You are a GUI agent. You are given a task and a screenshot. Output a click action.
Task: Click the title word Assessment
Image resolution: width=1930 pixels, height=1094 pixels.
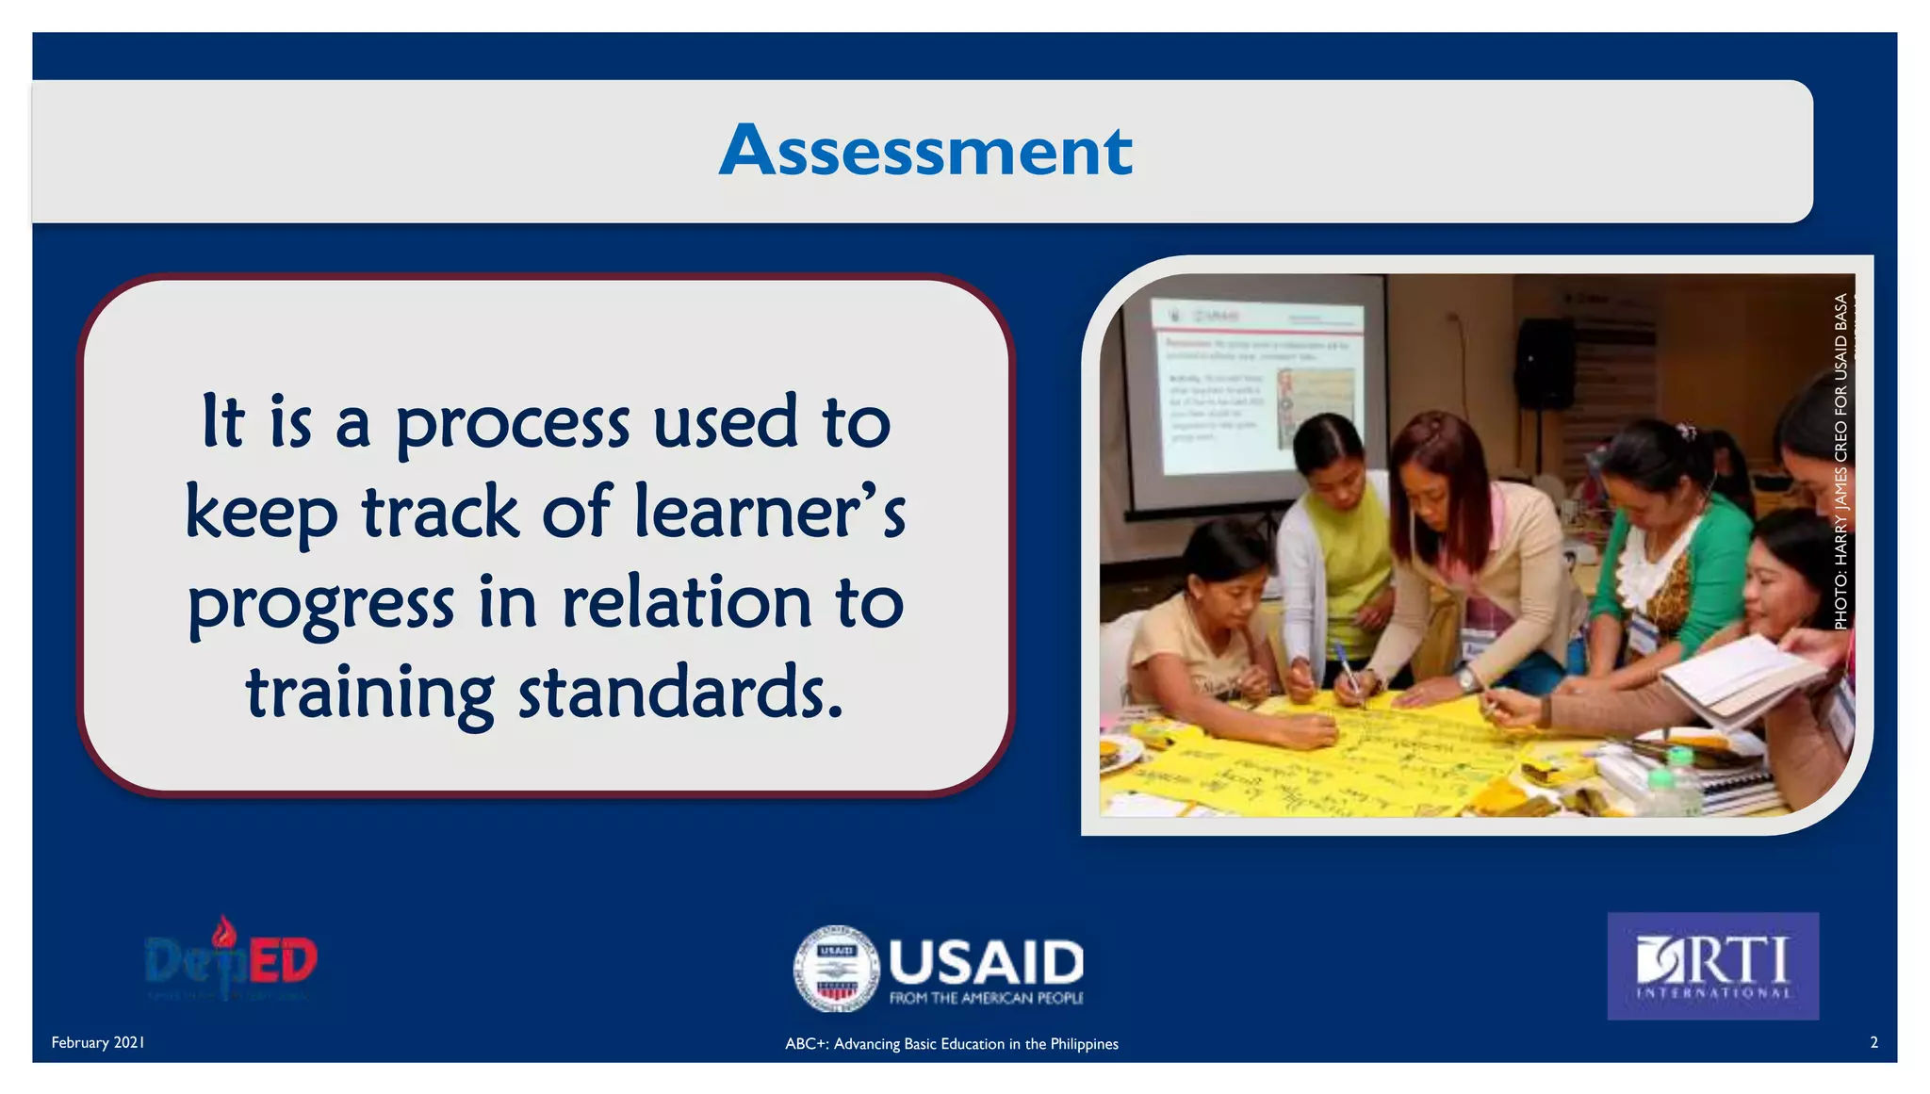(x=925, y=151)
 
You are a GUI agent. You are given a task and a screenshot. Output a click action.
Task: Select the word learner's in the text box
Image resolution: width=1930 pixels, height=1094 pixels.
(x=769, y=513)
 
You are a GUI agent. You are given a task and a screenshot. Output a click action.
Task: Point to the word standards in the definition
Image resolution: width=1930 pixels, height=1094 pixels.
(x=679, y=694)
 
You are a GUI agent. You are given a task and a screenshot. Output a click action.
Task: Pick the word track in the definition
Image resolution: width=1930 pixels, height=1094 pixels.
(x=440, y=513)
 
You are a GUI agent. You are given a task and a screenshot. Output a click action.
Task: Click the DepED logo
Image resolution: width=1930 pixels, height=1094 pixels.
(x=231, y=959)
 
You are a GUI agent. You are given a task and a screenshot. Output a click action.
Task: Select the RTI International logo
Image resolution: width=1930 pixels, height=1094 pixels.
(x=1712, y=966)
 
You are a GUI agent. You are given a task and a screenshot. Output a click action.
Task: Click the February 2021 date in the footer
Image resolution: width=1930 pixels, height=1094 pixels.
(x=98, y=1042)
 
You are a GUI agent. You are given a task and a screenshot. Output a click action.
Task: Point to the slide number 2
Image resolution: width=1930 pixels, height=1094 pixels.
(x=1873, y=1042)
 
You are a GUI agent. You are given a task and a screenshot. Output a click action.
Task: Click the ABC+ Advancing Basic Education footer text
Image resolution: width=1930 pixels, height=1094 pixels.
(x=952, y=1044)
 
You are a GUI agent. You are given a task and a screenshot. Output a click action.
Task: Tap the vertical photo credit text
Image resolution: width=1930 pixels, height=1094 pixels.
(x=1840, y=462)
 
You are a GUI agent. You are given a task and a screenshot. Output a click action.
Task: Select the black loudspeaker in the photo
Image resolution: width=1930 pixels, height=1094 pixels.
(x=1544, y=364)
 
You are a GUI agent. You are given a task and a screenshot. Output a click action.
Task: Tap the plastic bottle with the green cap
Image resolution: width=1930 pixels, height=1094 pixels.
(x=1677, y=782)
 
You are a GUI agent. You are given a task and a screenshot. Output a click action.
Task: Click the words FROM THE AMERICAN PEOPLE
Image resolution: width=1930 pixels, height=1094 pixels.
(x=986, y=998)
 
